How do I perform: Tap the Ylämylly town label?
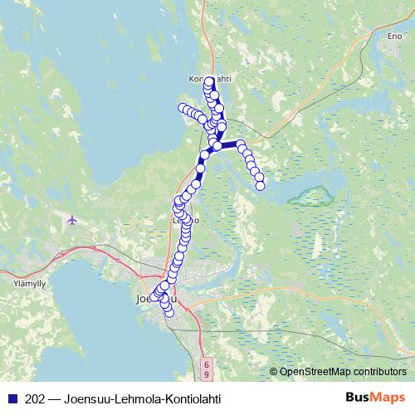pos(17,281)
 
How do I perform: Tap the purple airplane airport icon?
pos(72,220)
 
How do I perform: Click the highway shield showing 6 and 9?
pos(206,364)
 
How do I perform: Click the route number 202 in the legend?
pos(36,398)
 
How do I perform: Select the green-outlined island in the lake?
pos(310,197)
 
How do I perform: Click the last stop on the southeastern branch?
pos(260,185)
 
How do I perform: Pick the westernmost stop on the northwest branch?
pos(182,107)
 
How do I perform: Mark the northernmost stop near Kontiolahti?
pos(209,82)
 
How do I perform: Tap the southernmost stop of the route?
pos(169,313)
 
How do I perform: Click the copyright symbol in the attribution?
pos(274,371)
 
